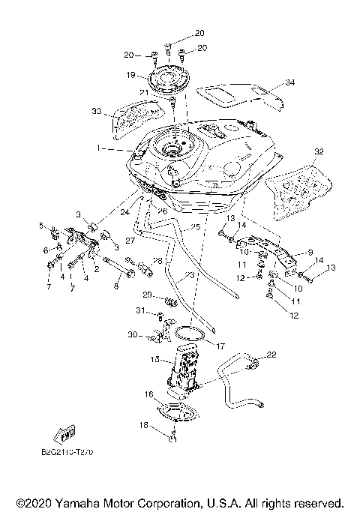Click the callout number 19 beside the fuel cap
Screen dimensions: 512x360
[x=130, y=75]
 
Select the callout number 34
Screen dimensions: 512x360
[x=290, y=82]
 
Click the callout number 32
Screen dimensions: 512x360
[x=319, y=151]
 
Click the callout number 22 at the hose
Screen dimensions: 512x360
[x=271, y=355]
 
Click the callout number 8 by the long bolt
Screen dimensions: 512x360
[x=115, y=286]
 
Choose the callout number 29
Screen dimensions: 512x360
[x=148, y=295]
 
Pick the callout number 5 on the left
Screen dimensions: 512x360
[x=42, y=224]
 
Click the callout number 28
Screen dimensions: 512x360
[x=157, y=261]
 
